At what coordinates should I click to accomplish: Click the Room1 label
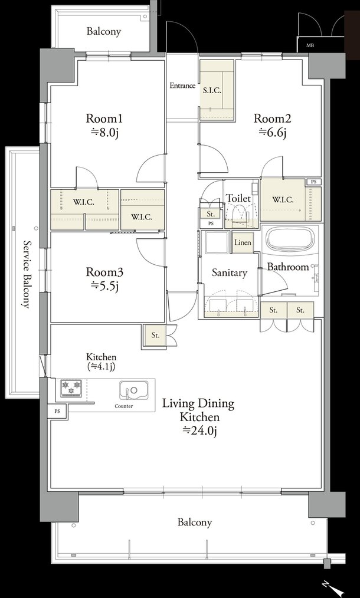104,118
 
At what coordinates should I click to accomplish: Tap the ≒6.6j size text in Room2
273,132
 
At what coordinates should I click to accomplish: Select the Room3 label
104,272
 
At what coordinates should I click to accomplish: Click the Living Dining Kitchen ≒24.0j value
199,431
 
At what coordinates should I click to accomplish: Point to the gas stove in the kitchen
71,388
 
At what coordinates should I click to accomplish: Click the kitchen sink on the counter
133,390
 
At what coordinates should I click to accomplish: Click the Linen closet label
243,242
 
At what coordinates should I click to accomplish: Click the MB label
310,46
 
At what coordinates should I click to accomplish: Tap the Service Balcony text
27,274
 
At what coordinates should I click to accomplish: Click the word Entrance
182,86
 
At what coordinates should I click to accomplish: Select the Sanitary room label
229,272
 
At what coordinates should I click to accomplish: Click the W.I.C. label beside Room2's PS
283,199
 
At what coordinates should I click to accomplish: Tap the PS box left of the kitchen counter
57,412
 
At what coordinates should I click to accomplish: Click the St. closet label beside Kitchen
155,336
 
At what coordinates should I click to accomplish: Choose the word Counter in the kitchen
124,406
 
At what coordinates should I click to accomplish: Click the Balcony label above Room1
103,31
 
